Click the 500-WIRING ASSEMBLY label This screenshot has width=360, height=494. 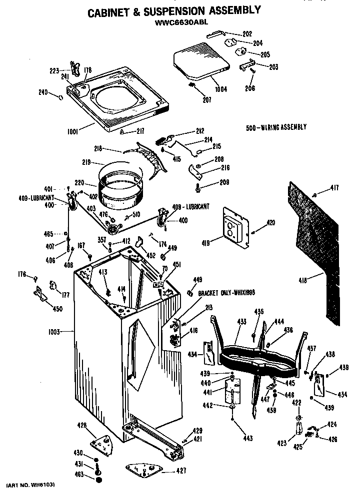point(276,127)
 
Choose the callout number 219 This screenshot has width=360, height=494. point(87,162)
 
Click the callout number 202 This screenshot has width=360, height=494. point(247,34)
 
